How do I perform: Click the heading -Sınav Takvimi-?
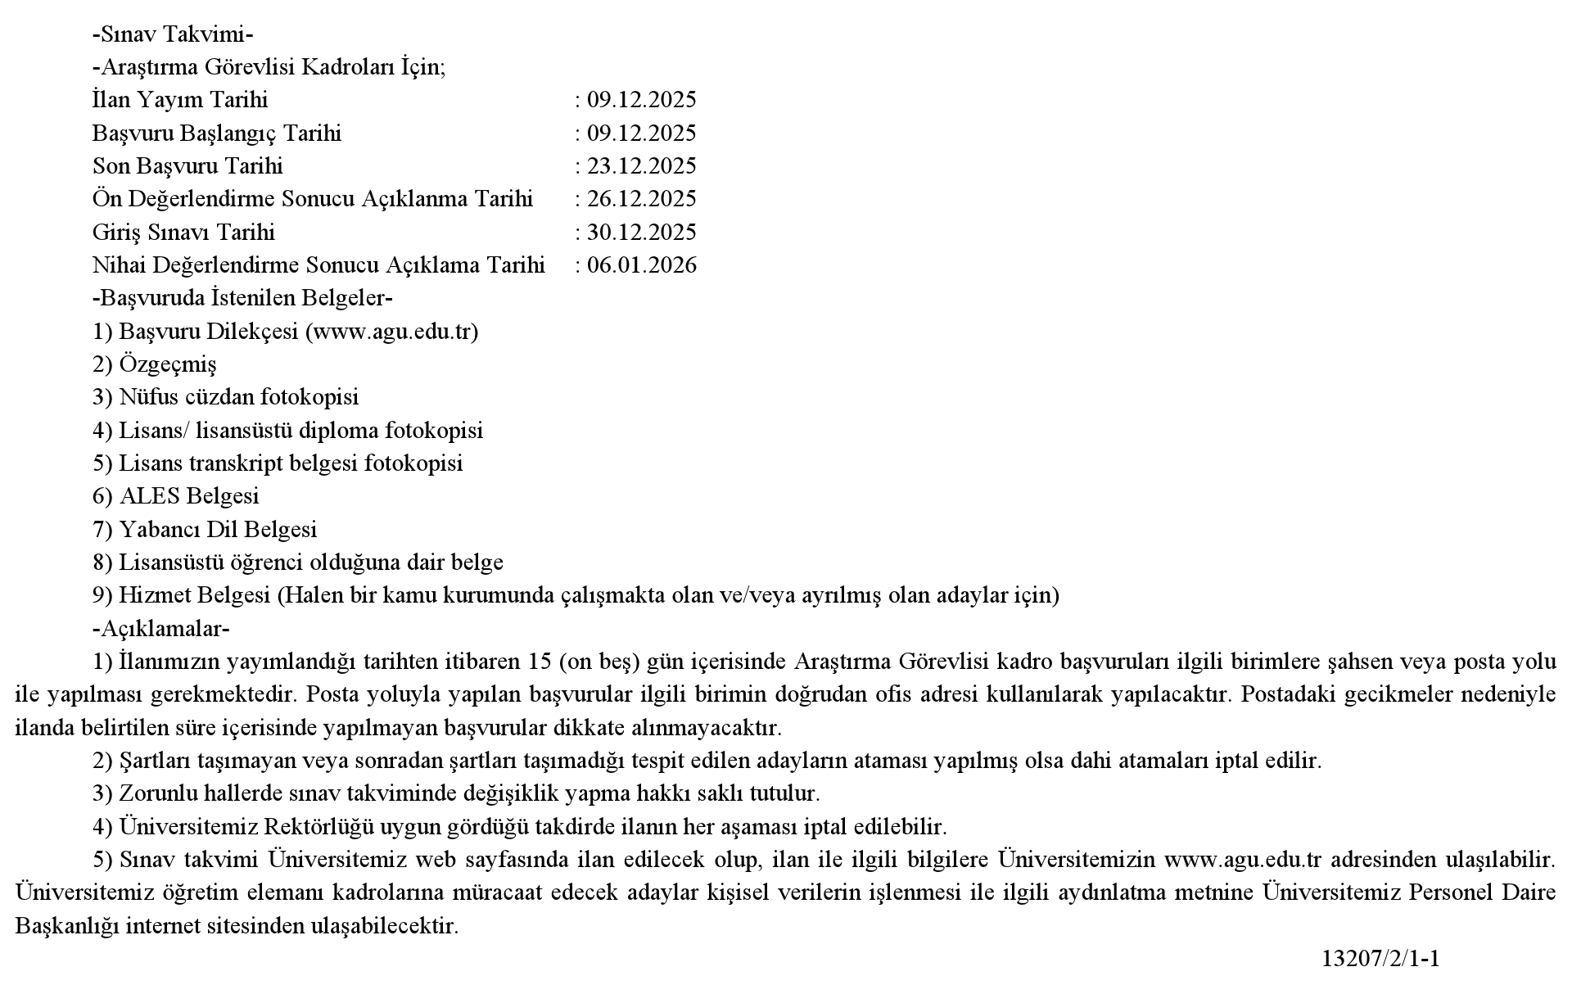click(173, 34)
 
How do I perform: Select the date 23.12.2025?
click(641, 166)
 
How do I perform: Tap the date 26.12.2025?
click(641, 199)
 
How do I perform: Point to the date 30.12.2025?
click(641, 233)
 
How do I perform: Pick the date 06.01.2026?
click(641, 265)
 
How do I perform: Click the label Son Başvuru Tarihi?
click(187, 166)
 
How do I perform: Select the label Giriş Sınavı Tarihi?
click(183, 233)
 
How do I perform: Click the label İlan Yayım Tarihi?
click(180, 100)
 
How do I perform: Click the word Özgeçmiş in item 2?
click(168, 364)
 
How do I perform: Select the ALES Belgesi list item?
click(189, 496)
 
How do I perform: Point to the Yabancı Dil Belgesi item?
click(218, 530)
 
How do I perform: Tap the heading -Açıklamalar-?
click(161, 628)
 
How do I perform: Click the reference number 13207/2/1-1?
click(1380, 959)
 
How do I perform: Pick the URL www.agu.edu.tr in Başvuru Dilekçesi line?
click(391, 332)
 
